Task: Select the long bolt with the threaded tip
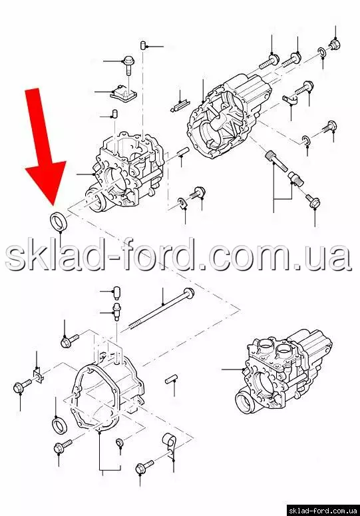click(161, 308)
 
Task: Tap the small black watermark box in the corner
click(323, 511)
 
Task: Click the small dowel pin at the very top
click(143, 45)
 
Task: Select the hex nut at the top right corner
click(335, 44)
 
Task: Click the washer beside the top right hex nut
click(322, 52)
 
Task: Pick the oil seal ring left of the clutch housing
click(61, 425)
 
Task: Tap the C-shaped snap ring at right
click(305, 140)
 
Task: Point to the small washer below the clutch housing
click(120, 443)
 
